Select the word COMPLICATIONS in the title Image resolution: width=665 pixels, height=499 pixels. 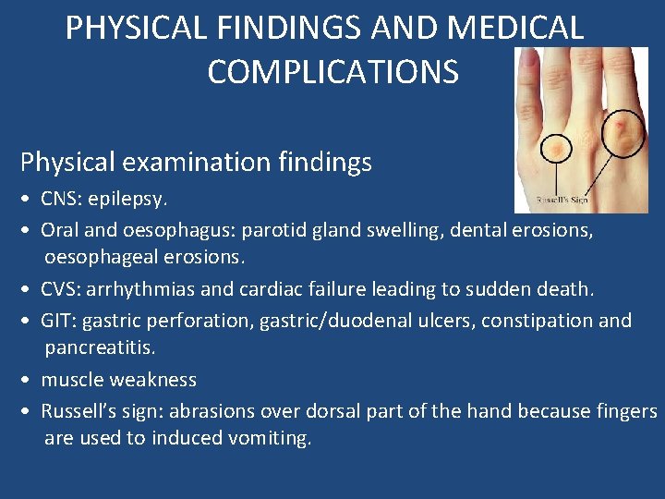[332, 71]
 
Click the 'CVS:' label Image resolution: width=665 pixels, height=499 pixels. [66, 289]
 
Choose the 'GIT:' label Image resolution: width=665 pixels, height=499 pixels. [63, 321]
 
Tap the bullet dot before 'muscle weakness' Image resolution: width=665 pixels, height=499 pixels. [28, 380]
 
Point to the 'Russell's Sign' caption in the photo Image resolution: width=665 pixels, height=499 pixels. [563, 200]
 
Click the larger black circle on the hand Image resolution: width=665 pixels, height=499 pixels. [624, 132]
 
